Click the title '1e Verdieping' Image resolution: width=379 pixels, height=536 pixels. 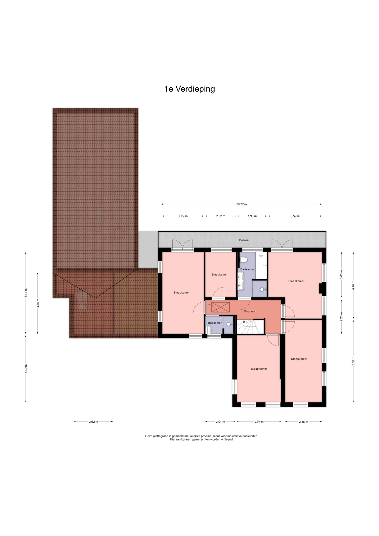tap(189, 89)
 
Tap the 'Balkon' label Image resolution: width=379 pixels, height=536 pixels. tap(244, 240)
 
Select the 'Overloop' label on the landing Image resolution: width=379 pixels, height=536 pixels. tap(250, 311)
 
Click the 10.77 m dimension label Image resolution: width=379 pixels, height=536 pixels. tap(241, 204)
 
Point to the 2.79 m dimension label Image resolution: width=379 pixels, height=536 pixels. tap(183, 216)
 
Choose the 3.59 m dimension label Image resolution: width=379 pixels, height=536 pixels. tap(295, 216)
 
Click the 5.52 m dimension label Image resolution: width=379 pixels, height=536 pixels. tap(353, 361)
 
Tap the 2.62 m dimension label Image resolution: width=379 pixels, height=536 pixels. tap(93, 422)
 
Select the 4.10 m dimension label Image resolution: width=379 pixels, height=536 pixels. tap(38, 303)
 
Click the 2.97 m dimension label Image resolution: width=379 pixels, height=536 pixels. tap(259, 422)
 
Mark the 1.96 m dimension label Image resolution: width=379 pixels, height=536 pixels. tap(252, 216)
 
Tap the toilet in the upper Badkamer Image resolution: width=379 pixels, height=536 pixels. tap(244, 260)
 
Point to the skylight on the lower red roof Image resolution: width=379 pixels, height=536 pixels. tap(82, 300)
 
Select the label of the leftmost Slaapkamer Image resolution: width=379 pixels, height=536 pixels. tap(181, 293)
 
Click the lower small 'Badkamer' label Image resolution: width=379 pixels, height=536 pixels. tap(215, 323)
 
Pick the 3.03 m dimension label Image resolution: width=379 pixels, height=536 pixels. tap(341, 275)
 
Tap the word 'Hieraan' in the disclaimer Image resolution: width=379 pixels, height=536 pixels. tap(175, 439)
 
